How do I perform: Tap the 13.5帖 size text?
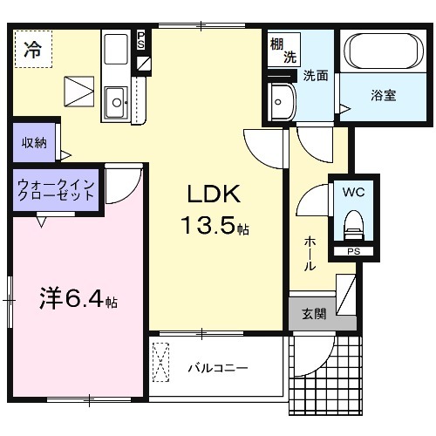click(215, 227)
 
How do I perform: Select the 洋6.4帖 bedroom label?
click(77, 301)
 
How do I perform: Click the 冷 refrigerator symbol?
click(31, 50)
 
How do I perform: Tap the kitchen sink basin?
click(114, 106)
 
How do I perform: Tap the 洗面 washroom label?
click(315, 76)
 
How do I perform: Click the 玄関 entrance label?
click(314, 313)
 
